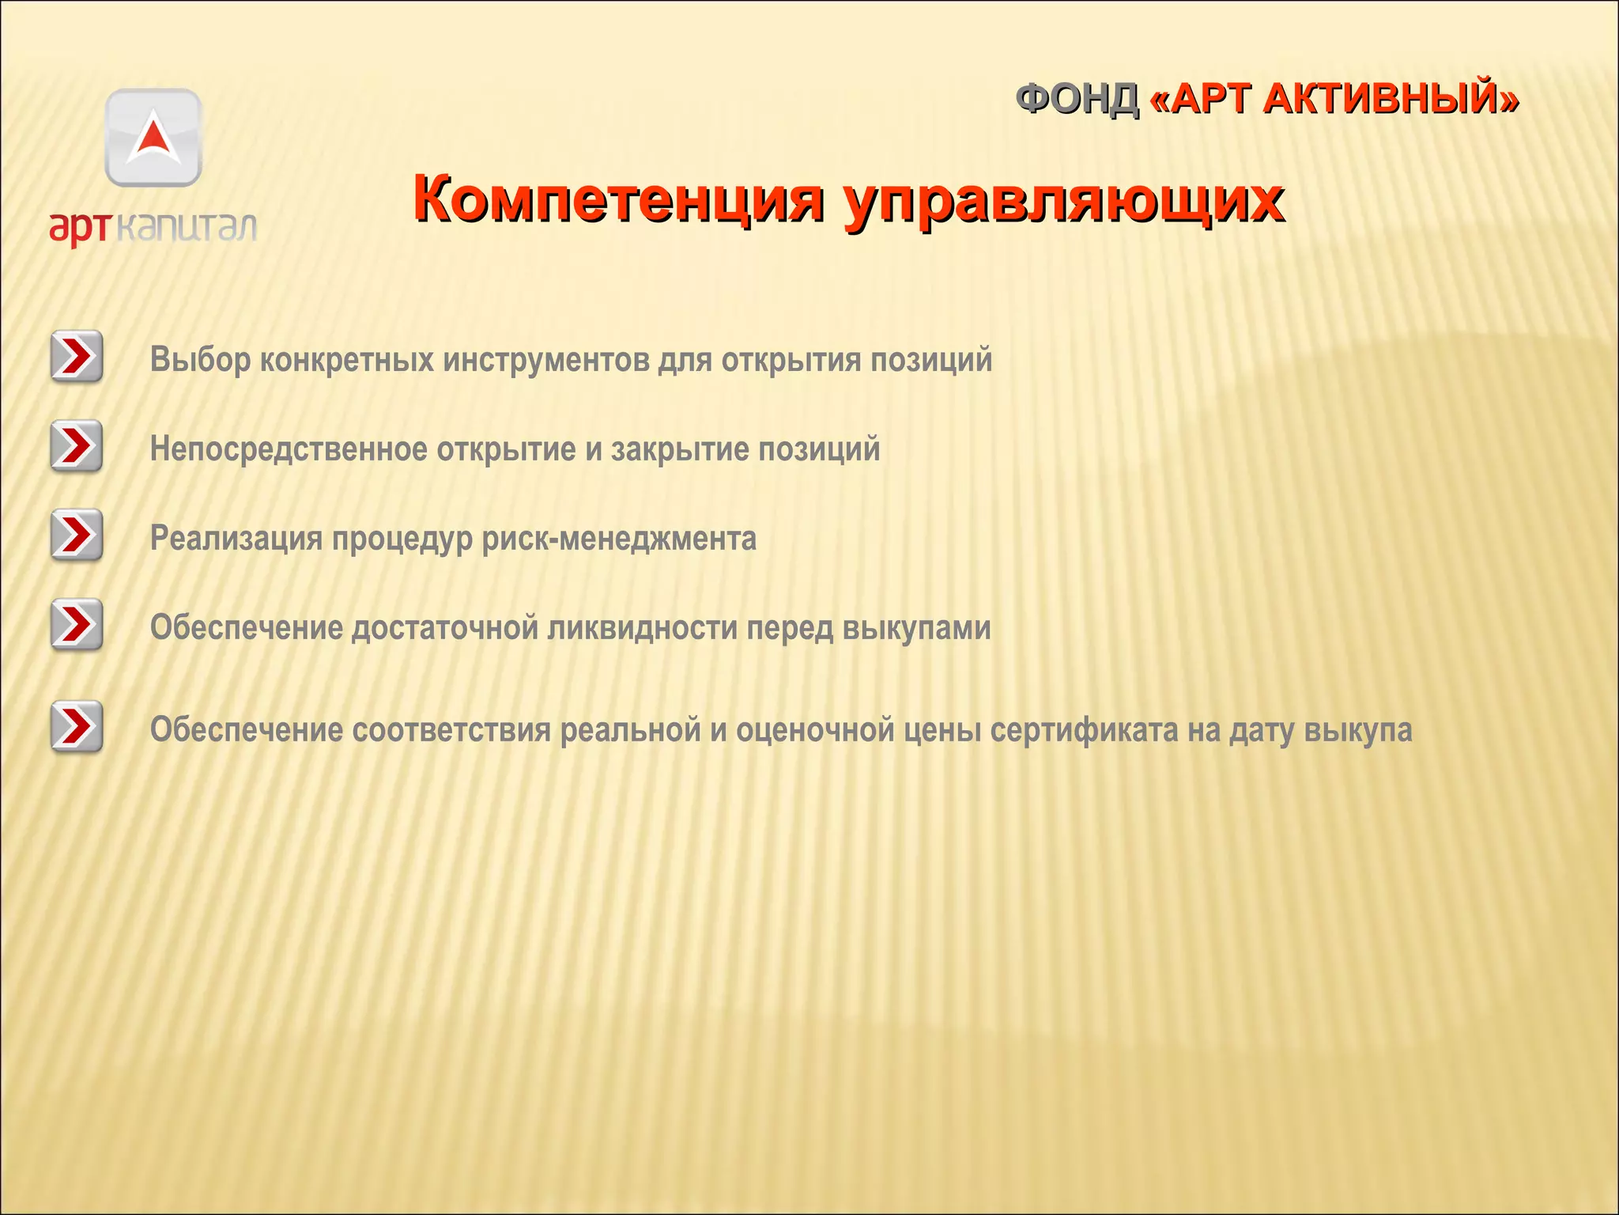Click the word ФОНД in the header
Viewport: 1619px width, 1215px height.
pyautogui.click(x=1077, y=100)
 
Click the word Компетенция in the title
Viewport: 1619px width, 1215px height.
pyautogui.click(x=617, y=199)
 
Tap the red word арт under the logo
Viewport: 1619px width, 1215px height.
pyautogui.click(x=78, y=227)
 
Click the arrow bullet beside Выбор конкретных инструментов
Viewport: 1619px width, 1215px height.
pyautogui.click(x=77, y=357)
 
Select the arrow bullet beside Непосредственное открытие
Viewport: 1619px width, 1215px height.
pyautogui.click(x=77, y=446)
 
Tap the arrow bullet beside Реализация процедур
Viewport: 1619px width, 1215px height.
pyautogui.click(x=77, y=536)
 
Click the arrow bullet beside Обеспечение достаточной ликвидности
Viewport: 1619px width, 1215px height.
pyautogui.click(x=77, y=625)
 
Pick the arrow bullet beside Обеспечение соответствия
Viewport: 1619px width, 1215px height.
pyautogui.click(x=77, y=727)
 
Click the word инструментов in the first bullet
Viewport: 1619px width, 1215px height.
pyautogui.click(x=545, y=361)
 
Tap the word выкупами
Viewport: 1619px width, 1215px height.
pyautogui.click(x=916, y=629)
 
